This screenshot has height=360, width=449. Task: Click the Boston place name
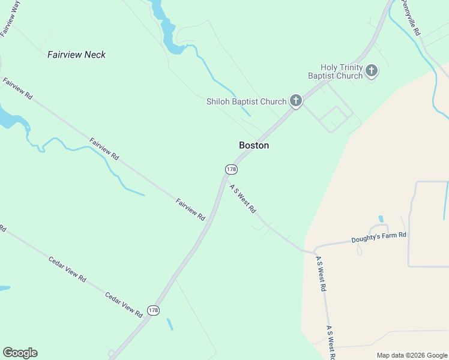(x=254, y=145)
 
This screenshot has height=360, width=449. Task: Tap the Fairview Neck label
(x=76, y=55)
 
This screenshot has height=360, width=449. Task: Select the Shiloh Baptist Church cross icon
(x=295, y=101)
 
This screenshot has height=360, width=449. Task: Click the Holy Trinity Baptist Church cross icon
(x=372, y=71)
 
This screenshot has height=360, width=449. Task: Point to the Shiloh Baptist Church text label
(x=246, y=101)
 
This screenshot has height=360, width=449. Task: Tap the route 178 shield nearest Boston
(x=231, y=169)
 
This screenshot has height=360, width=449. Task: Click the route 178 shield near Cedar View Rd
(x=153, y=310)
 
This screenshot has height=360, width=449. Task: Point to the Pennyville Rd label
(x=412, y=17)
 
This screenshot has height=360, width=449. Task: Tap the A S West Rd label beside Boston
(x=243, y=199)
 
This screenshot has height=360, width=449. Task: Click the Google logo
(x=20, y=353)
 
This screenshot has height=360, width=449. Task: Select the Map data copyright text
(x=412, y=355)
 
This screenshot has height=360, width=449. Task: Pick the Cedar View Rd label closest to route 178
(x=124, y=304)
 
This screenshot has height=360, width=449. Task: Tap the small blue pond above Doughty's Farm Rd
(x=381, y=218)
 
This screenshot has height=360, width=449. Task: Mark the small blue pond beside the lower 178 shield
(x=170, y=324)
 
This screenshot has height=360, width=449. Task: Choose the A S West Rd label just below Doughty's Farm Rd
(x=321, y=274)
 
